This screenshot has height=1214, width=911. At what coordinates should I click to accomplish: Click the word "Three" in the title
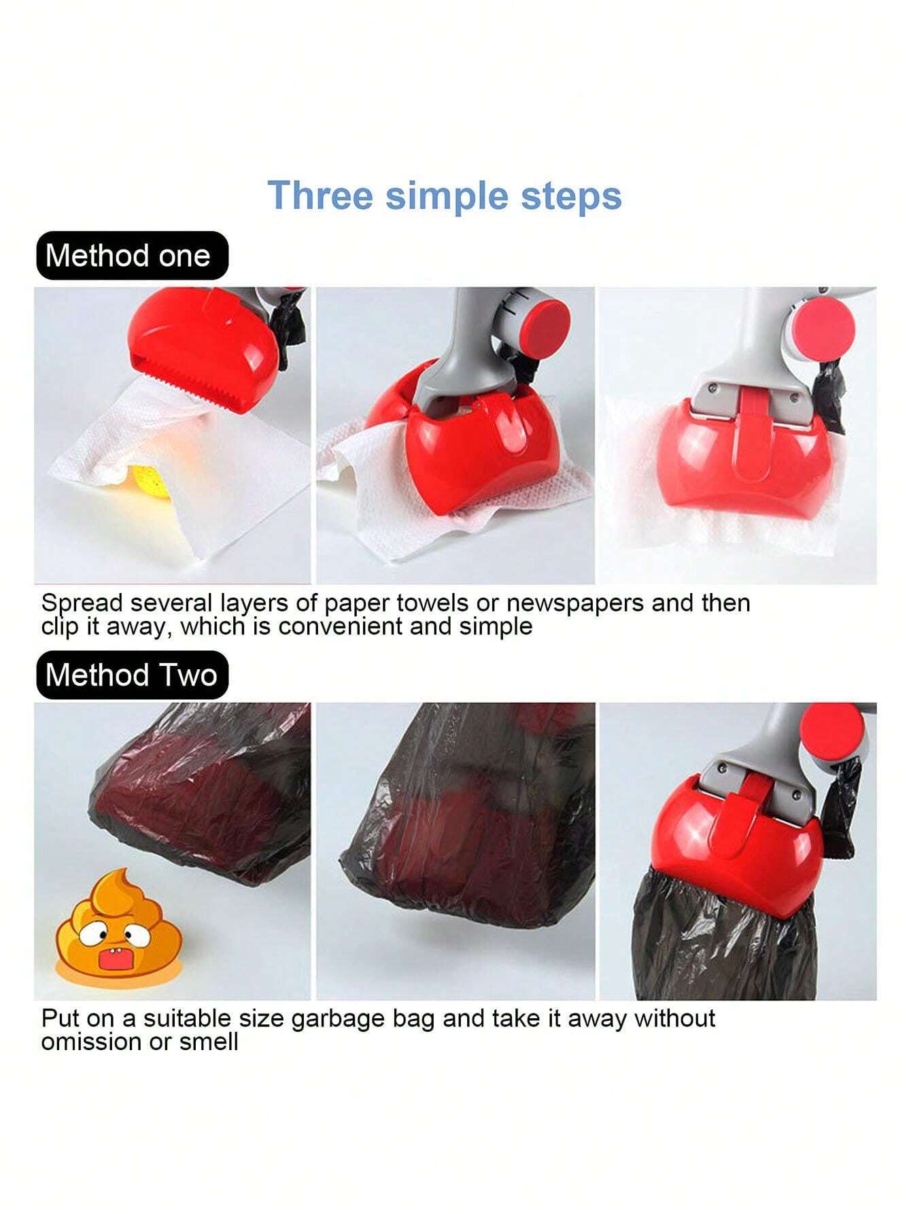321,196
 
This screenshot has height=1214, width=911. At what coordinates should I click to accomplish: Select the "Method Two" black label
131,675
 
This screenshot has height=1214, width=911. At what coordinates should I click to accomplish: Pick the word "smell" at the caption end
209,1042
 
